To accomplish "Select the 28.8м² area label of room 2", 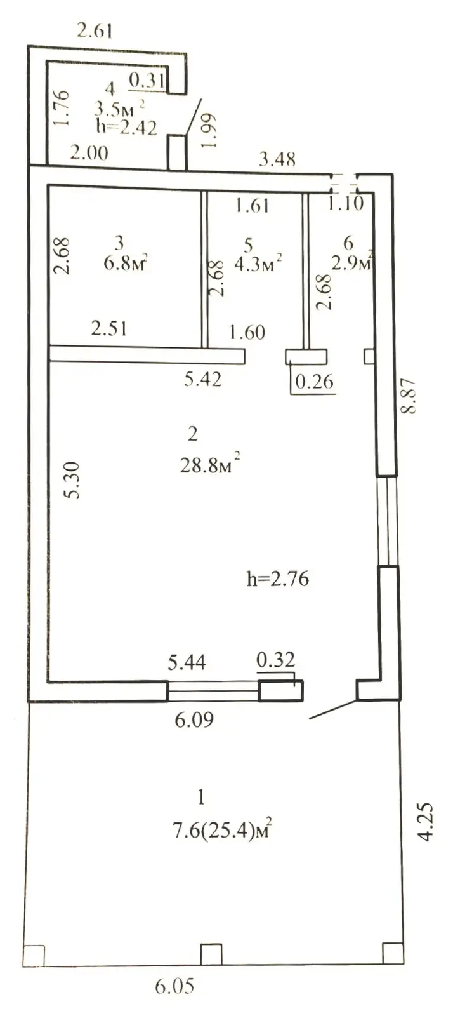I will pos(210,465).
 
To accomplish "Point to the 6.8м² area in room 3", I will pos(127,262).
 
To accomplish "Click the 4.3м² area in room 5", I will pos(258,263).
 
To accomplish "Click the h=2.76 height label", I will pos(277,579).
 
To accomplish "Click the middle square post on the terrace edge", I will pos(211,954).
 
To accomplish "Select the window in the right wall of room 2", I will pos(387,520).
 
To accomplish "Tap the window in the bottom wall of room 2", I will pos(213,690).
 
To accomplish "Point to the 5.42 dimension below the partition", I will pos(202,380).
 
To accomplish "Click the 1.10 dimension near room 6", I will pos(346,204).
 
